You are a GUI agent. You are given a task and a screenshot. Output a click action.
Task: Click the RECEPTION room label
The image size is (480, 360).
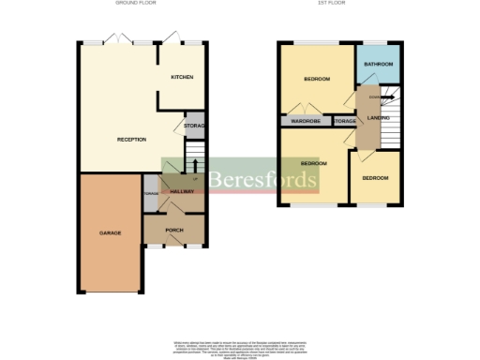131,139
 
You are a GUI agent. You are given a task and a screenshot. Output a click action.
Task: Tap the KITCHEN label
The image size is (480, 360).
182,77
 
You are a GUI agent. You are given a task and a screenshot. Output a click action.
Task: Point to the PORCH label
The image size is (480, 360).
173,230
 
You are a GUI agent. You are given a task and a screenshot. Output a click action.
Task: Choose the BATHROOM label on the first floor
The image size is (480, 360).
378,64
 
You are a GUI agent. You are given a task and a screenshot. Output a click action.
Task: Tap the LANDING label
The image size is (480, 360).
380,117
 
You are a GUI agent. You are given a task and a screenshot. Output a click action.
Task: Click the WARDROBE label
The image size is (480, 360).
307,121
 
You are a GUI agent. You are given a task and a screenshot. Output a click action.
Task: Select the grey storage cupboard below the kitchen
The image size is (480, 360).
194,125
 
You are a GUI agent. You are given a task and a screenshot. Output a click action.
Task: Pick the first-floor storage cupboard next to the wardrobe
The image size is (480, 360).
344,121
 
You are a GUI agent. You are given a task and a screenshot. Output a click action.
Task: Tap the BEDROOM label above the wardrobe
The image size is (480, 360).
316,79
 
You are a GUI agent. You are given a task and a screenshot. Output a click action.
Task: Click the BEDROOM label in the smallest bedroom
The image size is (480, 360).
375,178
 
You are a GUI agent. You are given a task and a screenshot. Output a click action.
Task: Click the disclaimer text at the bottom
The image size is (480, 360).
240,345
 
